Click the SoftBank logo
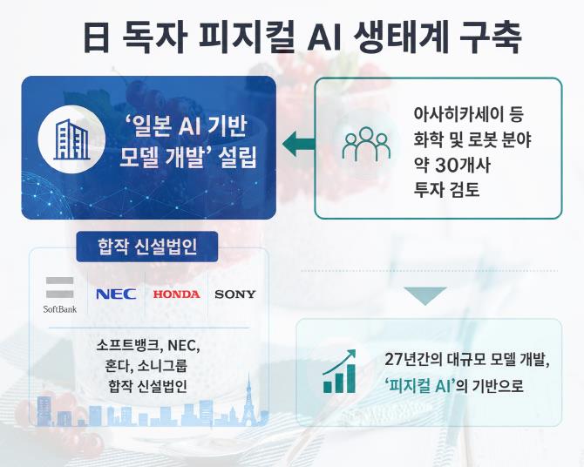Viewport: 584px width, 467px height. (x=59, y=295)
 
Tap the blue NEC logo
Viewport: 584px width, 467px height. (x=116, y=294)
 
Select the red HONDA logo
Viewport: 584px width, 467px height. (x=177, y=294)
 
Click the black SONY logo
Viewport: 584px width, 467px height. (x=235, y=294)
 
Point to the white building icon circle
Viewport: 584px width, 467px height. (x=71, y=139)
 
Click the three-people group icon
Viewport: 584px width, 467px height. (x=366, y=144)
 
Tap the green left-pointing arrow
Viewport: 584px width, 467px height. (x=298, y=144)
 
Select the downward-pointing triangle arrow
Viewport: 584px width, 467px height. (x=425, y=296)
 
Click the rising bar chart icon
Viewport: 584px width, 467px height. (x=339, y=371)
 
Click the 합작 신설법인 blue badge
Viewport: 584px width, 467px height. (x=147, y=247)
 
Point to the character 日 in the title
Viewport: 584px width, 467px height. (x=96, y=37)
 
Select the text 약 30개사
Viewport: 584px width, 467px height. (x=452, y=166)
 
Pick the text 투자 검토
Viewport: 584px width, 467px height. (x=446, y=190)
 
